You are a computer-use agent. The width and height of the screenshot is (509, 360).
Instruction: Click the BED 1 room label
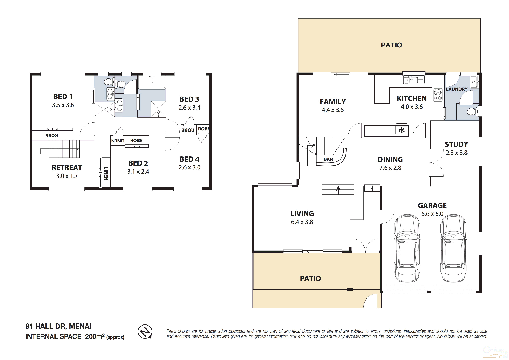click(63, 97)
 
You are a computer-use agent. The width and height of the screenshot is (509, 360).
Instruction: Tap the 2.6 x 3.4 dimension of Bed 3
click(189, 108)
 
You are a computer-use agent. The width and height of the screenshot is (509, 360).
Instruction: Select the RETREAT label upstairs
click(67, 168)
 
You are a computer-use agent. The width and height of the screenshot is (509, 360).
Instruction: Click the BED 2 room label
click(138, 163)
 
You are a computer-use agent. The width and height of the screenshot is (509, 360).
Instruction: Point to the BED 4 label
click(189, 159)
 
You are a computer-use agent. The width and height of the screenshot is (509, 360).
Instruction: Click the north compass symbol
click(145, 332)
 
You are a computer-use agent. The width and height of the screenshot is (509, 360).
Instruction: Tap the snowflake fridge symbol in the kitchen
click(401, 130)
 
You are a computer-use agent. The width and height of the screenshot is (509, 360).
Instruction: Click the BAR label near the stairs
click(328, 159)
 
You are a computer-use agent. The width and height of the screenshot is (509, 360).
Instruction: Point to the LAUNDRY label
click(457, 89)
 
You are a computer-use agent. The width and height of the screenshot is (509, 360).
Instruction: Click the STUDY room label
click(456, 144)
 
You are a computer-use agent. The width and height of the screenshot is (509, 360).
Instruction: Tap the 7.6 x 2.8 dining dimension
click(390, 168)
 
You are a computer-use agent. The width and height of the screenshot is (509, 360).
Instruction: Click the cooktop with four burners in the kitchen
click(438, 95)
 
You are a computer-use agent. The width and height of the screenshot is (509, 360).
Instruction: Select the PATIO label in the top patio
click(391, 45)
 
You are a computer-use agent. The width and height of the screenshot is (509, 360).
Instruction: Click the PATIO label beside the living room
click(310, 278)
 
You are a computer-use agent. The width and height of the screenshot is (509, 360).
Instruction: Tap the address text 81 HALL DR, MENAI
click(58, 326)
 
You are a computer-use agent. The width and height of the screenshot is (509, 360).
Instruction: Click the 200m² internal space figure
click(95, 336)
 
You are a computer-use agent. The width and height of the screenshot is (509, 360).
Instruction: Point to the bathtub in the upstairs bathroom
click(152, 83)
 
